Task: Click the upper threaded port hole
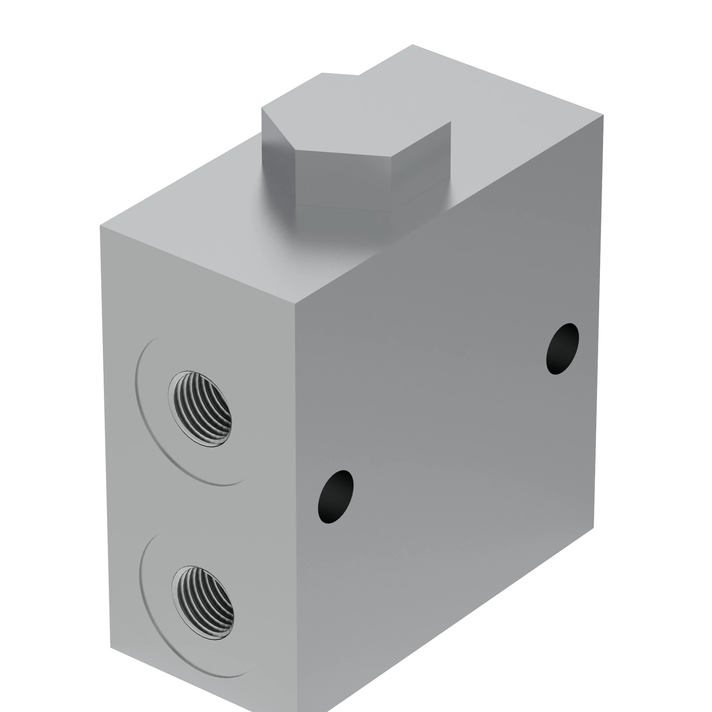(200, 409)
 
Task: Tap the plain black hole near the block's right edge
(562, 349)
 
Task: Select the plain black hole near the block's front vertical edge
(335, 496)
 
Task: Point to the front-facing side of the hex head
(343, 180)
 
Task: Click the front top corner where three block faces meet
(295, 305)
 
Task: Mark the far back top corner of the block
(412, 44)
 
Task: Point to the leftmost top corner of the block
(100, 226)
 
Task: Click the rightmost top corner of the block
(603, 115)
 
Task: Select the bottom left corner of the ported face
(111, 648)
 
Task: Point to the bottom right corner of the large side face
(593, 528)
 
